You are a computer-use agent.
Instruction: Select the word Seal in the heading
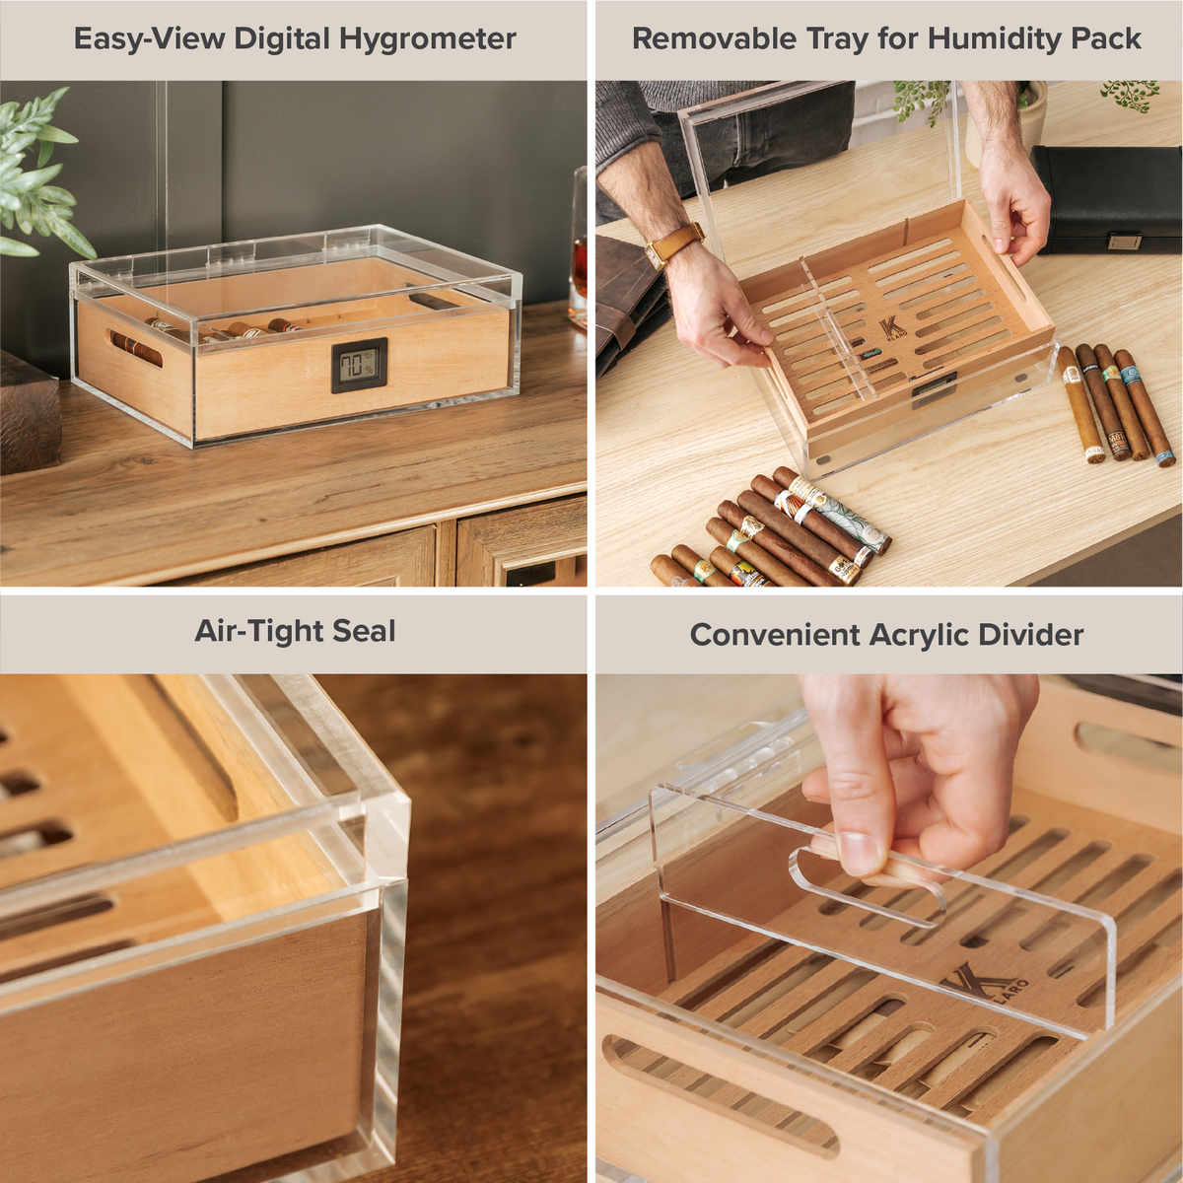click(x=364, y=631)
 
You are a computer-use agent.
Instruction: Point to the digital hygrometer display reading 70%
click(x=359, y=366)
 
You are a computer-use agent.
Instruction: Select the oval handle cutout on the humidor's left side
click(x=136, y=348)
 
